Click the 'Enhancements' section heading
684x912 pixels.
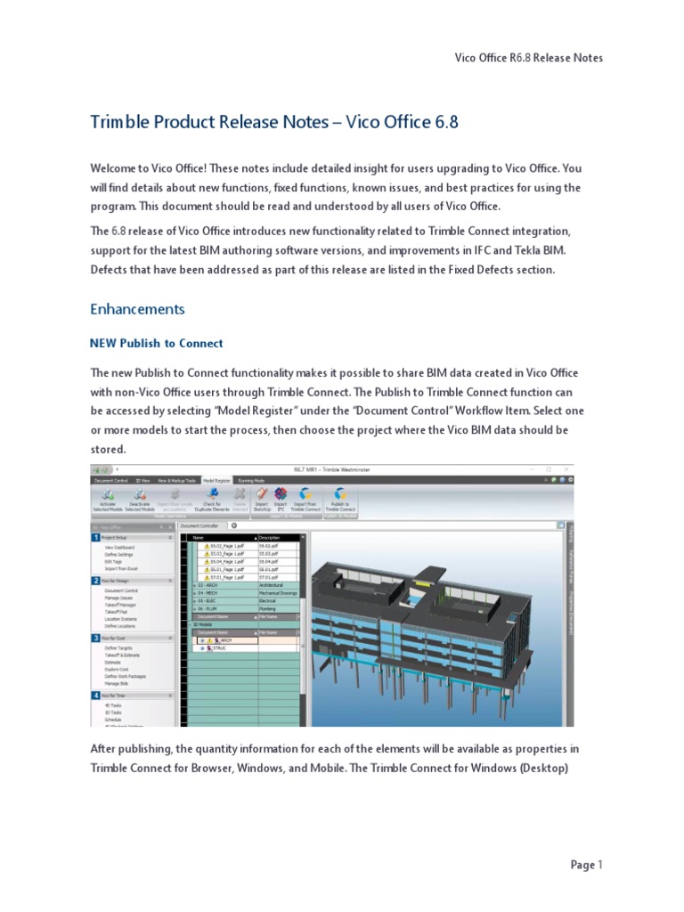point(137,309)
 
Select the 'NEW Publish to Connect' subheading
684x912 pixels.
point(157,343)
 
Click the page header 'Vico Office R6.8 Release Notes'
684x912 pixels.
point(528,58)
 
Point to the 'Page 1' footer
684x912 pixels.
point(586,864)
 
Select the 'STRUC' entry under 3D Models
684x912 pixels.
point(218,648)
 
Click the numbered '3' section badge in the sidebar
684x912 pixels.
point(95,638)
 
